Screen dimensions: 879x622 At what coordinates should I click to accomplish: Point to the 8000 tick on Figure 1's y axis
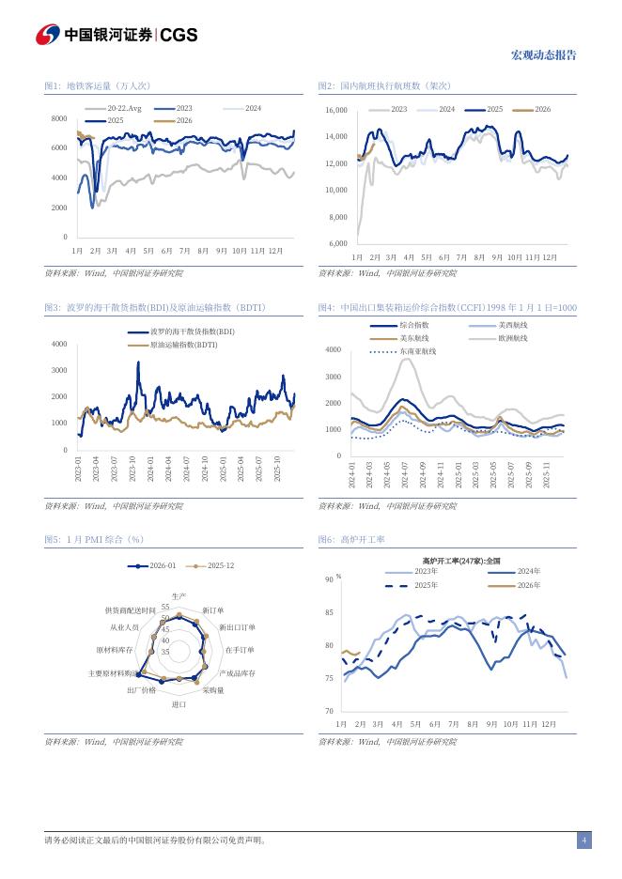[59, 118]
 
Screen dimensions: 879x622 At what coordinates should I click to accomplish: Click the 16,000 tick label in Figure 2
[336, 111]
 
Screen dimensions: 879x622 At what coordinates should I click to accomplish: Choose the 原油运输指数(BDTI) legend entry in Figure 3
[183, 345]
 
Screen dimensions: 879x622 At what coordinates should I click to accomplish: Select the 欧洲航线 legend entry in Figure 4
[512, 338]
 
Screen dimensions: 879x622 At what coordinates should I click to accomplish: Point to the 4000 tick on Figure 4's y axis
[333, 349]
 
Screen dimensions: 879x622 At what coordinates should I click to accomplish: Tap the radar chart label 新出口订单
[237, 626]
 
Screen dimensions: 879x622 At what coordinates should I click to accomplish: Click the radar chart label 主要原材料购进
[113, 673]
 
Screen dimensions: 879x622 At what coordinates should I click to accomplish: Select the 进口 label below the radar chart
[179, 703]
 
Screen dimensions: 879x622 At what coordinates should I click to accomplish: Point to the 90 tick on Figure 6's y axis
[329, 580]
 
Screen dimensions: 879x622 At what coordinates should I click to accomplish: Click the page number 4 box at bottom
[583, 840]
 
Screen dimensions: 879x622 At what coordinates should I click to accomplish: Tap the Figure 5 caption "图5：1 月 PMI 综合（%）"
[94, 540]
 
